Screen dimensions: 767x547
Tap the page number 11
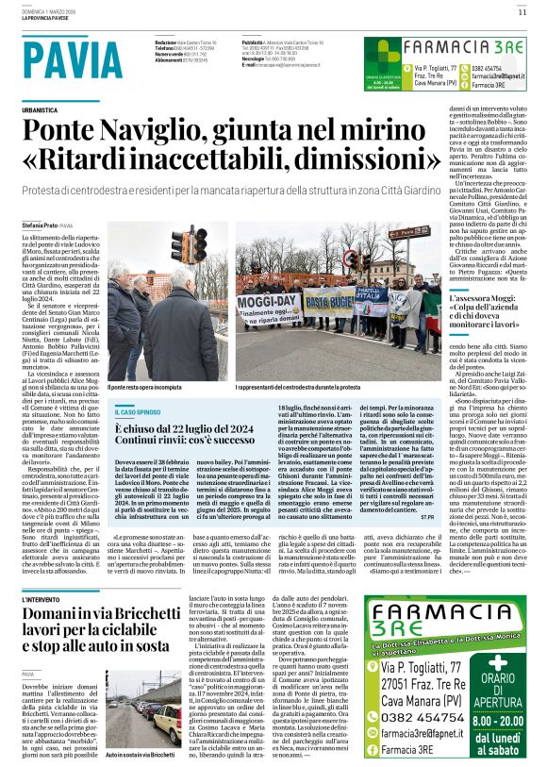(x=522, y=12)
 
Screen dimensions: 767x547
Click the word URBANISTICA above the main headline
(x=46, y=110)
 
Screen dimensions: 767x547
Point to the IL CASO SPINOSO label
(x=137, y=411)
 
